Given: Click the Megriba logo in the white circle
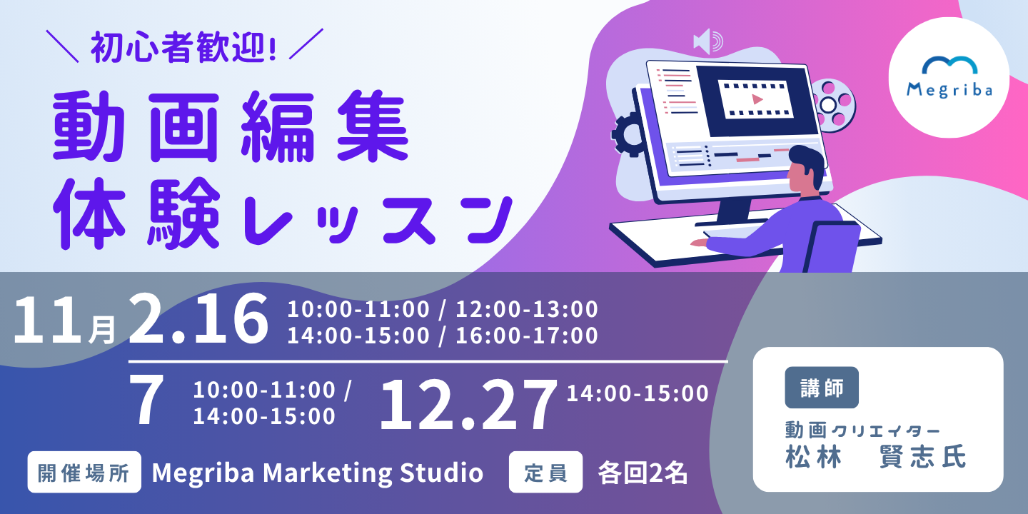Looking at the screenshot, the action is pos(949,77).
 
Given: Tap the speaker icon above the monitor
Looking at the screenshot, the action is pos(708,41).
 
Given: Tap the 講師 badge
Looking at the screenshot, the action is pos(822,388).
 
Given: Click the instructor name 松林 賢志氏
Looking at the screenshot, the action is pos(876,457).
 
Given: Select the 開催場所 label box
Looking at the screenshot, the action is pos(84,473).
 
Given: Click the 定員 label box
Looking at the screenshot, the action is pos(545,473).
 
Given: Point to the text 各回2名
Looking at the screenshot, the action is pos(642,473).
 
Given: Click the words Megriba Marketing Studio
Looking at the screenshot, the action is pos(318,473).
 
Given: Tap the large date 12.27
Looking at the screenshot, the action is pos(467,405).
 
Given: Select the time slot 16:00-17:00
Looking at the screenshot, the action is pos(527,336).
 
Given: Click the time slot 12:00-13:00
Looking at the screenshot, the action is pos(527,309).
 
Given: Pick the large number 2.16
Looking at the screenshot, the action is pos(198,318).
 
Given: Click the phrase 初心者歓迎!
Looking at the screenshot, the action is pos(183,47).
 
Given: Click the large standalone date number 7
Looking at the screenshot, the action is pos(146,399).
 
